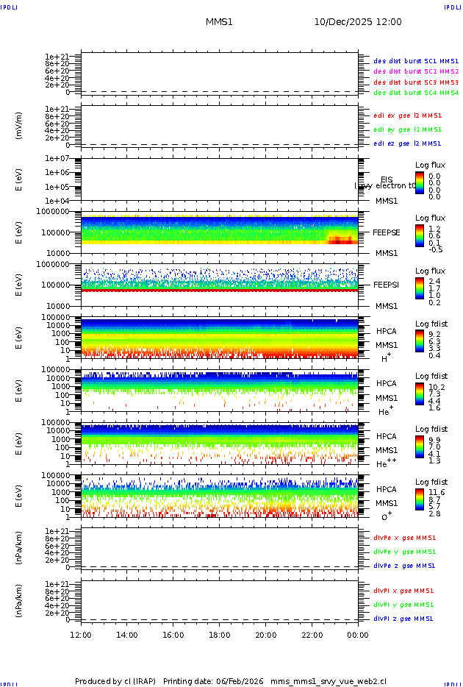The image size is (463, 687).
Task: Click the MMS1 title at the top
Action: pyautogui.click(x=219, y=22)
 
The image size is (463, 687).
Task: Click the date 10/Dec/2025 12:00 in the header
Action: pyautogui.click(x=358, y=22)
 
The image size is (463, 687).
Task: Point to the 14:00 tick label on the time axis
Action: pyautogui.click(x=127, y=635)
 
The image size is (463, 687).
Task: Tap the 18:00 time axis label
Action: pyautogui.click(x=220, y=635)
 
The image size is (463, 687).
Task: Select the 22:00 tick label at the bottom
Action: pyautogui.click(x=312, y=635)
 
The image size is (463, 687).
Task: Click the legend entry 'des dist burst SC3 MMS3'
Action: pyautogui.click(x=416, y=82)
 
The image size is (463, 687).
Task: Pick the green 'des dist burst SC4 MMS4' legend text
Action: pyautogui.click(x=416, y=93)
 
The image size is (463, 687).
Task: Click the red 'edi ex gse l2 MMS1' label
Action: pyautogui.click(x=408, y=115)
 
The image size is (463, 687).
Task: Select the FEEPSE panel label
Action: pyautogui.click(x=387, y=232)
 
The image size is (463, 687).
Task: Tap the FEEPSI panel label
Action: pyautogui.click(x=387, y=284)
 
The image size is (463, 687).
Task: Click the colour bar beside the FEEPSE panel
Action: pyautogui.click(x=420, y=235)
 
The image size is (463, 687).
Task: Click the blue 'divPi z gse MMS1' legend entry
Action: pyautogui.click(x=404, y=619)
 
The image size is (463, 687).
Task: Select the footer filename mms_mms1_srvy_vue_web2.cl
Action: pyautogui.click(x=329, y=681)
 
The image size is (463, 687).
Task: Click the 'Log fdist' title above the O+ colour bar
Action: pyautogui.click(x=431, y=482)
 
